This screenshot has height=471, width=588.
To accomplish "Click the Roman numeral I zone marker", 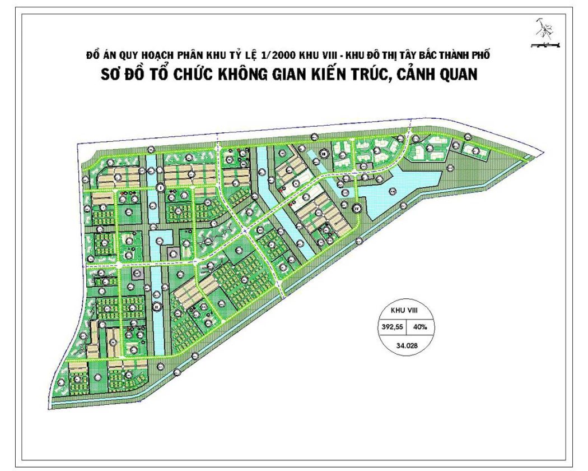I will point(160,187).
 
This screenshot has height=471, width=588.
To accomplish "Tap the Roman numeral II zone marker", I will point(157,307).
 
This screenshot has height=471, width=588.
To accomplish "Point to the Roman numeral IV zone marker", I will point(357,209).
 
